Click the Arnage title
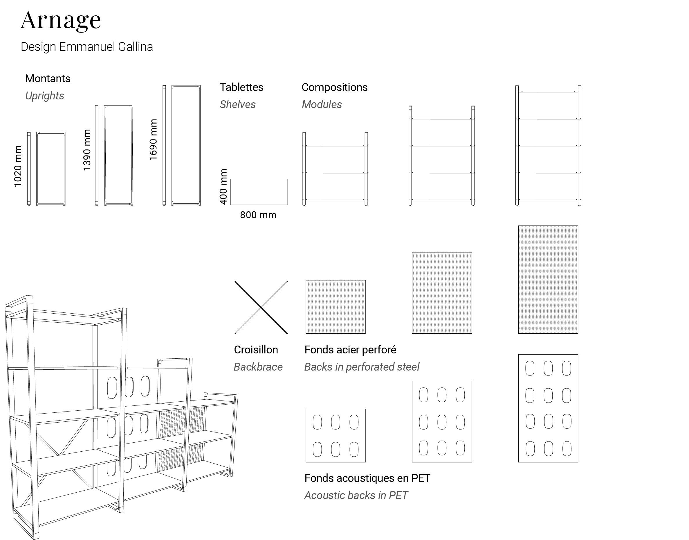[x=61, y=21]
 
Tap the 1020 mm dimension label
[x=18, y=166]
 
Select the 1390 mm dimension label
[x=87, y=150]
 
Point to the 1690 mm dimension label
[x=153, y=140]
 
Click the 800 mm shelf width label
[x=258, y=215]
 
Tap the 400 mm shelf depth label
[x=223, y=187]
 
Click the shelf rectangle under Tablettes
[x=259, y=192]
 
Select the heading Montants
[x=48, y=78]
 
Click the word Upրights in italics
[x=44, y=96]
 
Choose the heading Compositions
[x=334, y=87]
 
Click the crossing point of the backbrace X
[x=261, y=307]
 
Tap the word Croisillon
[x=256, y=350]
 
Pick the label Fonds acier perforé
[x=350, y=350]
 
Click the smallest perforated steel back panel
[x=335, y=307]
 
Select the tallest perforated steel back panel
[x=548, y=280]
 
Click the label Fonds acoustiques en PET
[x=367, y=478]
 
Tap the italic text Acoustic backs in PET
[x=356, y=496]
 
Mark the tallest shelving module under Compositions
[x=548, y=146]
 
